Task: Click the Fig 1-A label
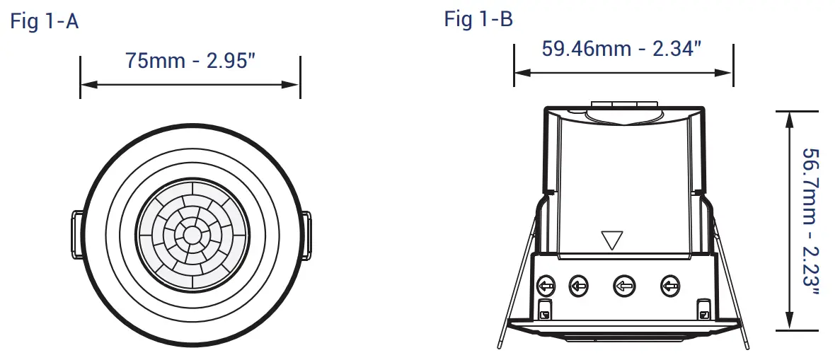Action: click(44, 21)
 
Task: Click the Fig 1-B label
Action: click(478, 19)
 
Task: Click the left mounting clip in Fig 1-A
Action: click(76, 234)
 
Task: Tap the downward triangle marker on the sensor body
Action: click(609, 240)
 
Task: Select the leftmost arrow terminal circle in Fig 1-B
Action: click(546, 286)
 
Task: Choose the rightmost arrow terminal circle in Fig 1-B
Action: click(669, 286)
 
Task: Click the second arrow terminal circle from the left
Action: click(579, 286)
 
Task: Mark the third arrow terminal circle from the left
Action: click(623, 286)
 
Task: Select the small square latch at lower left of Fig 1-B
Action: click(545, 308)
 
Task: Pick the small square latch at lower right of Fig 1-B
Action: click(703, 308)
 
